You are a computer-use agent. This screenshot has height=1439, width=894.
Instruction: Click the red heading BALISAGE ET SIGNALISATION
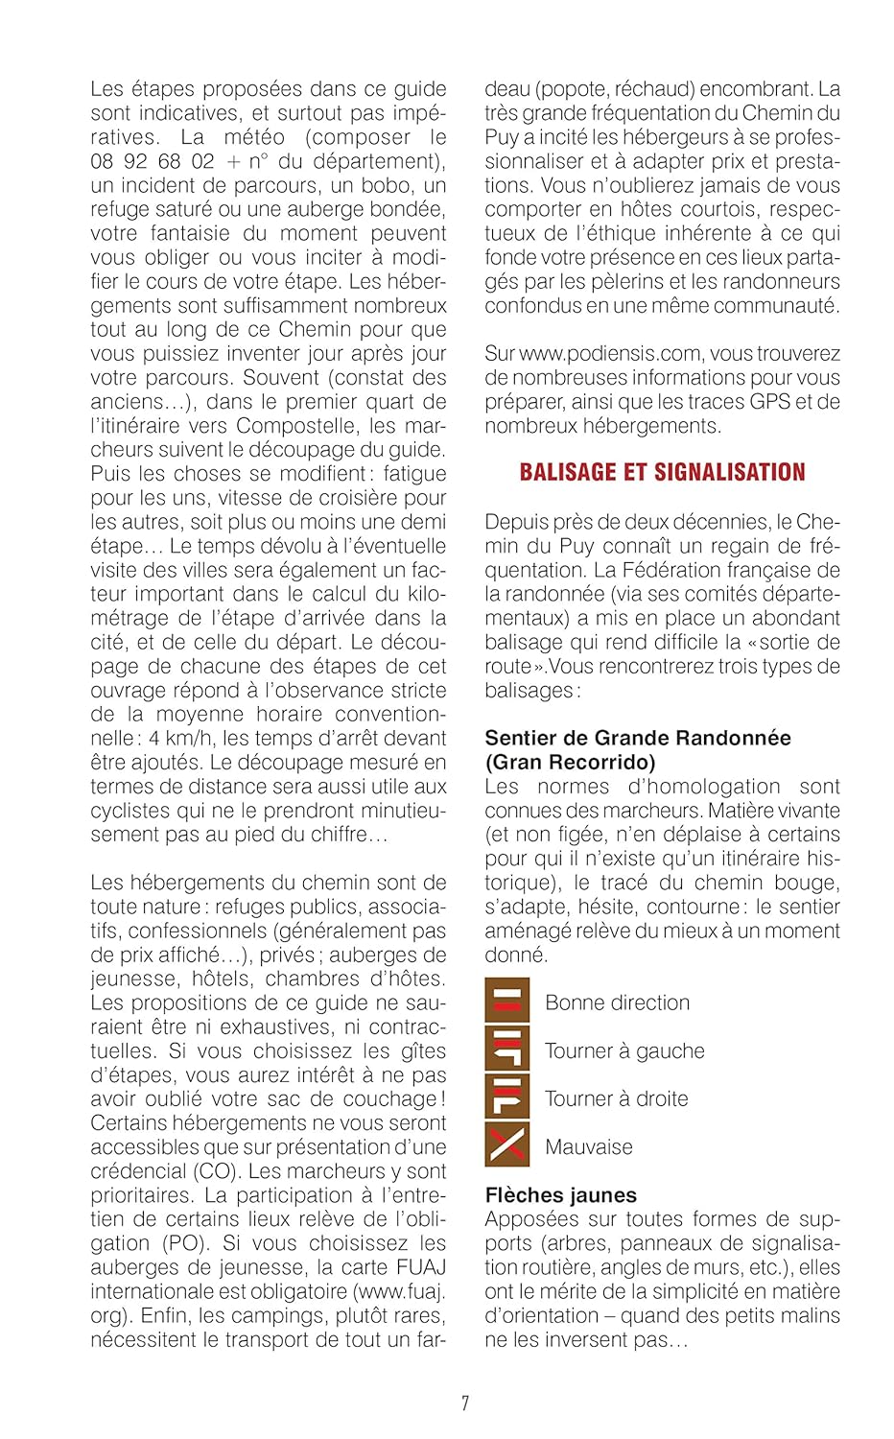click(662, 472)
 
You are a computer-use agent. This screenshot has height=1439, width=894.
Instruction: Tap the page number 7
click(465, 1404)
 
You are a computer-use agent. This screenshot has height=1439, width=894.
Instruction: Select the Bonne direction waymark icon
click(506, 1001)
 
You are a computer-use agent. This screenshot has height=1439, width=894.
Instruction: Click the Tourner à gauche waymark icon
click(506, 1049)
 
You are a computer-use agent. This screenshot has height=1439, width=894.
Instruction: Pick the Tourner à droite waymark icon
click(506, 1097)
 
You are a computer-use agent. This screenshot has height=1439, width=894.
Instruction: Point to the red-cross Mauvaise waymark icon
click(506, 1144)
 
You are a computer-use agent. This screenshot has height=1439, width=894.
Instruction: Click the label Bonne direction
click(617, 1003)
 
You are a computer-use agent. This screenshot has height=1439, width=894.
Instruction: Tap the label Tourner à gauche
click(623, 1050)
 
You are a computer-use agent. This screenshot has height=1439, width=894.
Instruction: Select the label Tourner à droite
click(616, 1098)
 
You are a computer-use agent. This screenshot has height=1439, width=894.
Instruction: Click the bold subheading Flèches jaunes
click(560, 1195)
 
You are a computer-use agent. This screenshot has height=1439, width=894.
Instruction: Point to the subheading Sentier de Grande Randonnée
click(637, 738)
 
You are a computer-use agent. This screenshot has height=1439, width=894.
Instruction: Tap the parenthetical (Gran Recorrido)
click(570, 763)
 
